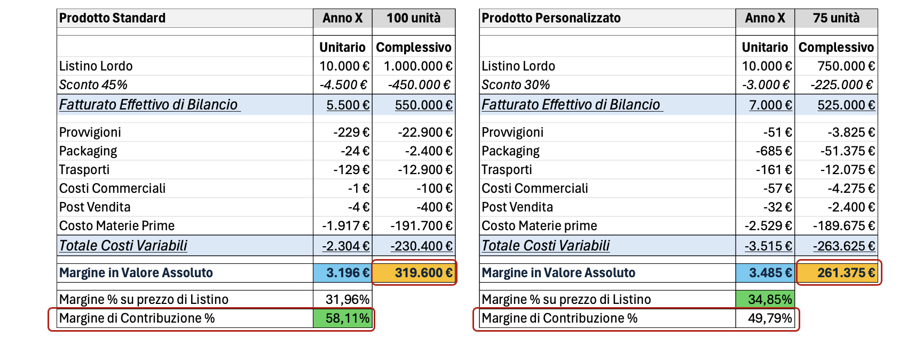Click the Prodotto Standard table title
pyautogui.click(x=113, y=18)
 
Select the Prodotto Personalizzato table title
pyautogui.click(x=551, y=18)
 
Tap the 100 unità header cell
pyautogui.click(x=413, y=18)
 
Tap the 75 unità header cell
pyautogui.click(x=836, y=18)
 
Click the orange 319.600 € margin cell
pyautogui.click(x=414, y=273)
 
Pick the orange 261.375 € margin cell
pyautogui.click(x=837, y=273)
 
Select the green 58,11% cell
pyautogui.click(x=343, y=318)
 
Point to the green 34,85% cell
pyautogui.click(x=766, y=299)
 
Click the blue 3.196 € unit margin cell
pyautogui.click(x=343, y=273)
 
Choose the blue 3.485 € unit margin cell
pyautogui.click(x=766, y=273)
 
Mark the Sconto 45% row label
pyautogui.click(x=93, y=85)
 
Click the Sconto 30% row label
pyautogui.click(x=516, y=85)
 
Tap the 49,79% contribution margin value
pyautogui.click(x=770, y=318)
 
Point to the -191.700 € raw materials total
pyautogui.click(x=421, y=226)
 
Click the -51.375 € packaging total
pyautogui.click(x=847, y=151)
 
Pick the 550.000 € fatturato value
pyautogui.click(x=423, y=105)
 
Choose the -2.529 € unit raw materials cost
pyautogui.click(x=768, y=226)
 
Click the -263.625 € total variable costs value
pyautogui.click(x=844, y=246)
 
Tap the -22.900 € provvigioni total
pyautogui.click(x=425, y=132)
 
